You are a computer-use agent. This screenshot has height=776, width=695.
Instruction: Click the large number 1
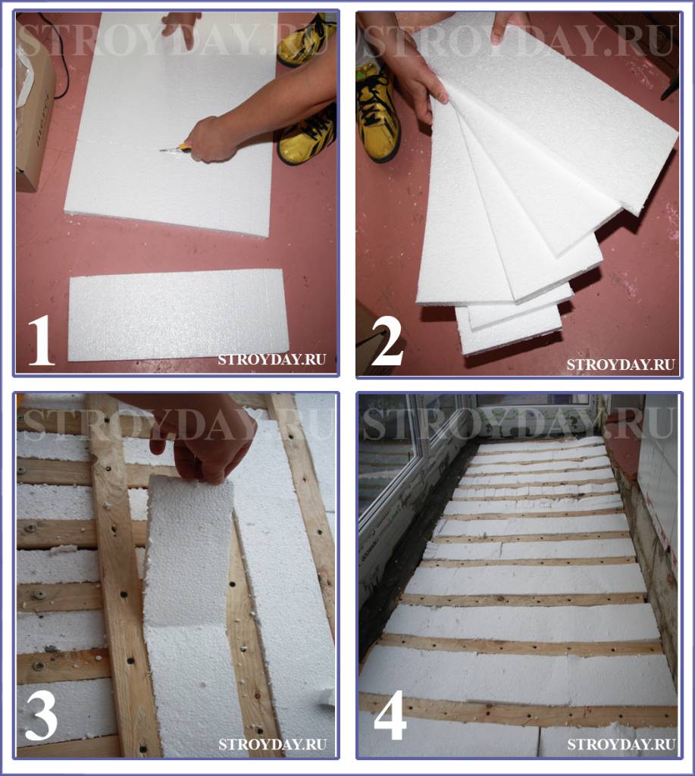(41, 340)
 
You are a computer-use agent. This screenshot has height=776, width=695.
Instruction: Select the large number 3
(41, 715)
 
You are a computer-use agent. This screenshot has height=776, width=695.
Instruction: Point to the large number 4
(390, 715)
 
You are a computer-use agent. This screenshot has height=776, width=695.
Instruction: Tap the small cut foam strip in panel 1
(178, 314)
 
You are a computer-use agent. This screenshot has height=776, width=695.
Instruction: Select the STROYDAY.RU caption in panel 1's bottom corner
(272, 359)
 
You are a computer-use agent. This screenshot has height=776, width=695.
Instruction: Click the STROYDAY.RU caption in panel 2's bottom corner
(621, 365)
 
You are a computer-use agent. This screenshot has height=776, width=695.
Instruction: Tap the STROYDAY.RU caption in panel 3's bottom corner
(272, 744)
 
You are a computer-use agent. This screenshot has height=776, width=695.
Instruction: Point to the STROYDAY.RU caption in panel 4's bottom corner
(621, 744)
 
